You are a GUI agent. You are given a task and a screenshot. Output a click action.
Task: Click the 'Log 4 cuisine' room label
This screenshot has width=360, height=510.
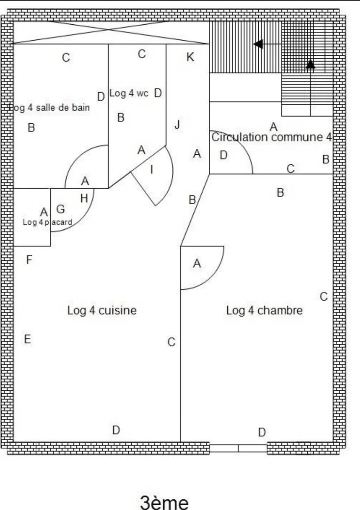102,311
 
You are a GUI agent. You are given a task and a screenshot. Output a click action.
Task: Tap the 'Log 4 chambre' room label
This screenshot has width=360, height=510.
264,311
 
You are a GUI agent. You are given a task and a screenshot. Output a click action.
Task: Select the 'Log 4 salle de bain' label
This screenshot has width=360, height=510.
50,107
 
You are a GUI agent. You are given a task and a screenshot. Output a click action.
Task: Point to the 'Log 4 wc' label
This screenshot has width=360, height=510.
129,93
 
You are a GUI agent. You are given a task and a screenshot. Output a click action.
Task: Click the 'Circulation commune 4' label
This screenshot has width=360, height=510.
271,137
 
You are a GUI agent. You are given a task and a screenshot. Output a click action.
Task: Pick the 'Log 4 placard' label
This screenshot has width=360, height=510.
47,222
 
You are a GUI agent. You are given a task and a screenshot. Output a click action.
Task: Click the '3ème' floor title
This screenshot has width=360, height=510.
165,503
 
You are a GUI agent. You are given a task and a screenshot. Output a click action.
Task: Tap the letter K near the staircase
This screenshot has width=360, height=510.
190,57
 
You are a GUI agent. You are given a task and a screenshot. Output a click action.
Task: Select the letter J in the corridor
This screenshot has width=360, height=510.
177,125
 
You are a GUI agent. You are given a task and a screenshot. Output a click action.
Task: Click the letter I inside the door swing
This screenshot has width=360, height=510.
152,169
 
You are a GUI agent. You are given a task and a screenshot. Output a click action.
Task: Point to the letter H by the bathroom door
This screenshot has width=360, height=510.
84,199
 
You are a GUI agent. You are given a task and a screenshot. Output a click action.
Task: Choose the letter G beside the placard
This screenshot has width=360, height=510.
61,209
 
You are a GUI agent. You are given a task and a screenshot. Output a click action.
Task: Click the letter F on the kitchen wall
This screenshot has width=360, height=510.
29,260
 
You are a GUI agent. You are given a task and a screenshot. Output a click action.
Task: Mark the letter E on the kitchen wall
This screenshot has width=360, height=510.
27,339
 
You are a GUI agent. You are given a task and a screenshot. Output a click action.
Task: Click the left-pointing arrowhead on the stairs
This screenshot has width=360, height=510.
258,44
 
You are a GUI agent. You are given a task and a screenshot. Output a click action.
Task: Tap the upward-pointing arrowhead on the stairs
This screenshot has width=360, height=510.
310,65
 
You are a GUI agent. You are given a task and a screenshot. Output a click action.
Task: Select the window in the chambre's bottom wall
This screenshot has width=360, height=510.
238,448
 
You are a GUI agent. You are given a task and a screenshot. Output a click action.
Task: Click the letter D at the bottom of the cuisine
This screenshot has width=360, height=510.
116,430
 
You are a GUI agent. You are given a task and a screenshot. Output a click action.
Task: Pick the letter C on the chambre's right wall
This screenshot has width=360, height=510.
324,297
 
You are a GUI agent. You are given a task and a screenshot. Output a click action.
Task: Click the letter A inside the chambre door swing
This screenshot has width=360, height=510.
197,264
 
